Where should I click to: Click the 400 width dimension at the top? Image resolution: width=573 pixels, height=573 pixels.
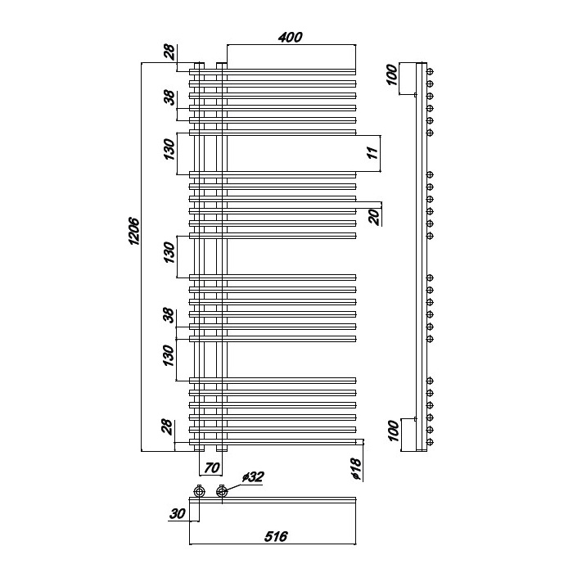point(291,37)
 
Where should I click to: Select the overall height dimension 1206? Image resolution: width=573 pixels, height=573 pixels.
point(134,232)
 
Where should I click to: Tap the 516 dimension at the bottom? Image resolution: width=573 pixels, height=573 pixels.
point(276,536)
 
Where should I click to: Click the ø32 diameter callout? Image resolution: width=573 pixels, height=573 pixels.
point(252,477)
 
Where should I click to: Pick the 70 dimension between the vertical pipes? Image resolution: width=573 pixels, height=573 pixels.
point(212,467)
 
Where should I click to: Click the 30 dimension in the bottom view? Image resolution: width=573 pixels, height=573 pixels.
point(178,514)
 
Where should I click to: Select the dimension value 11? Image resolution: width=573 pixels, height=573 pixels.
point(372,152)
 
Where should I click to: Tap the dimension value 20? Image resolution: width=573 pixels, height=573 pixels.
point(375,217)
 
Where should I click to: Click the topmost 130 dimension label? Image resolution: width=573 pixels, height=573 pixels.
point(169,149)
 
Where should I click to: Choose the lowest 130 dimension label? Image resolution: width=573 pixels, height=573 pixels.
point(169,355)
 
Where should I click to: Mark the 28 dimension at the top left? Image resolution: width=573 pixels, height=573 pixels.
point(169,52)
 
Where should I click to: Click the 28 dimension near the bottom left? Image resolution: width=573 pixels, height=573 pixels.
point(167,426)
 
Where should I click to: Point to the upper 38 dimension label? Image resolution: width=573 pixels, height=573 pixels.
point(169,97)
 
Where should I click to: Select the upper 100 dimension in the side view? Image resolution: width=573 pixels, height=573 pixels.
point(391,74)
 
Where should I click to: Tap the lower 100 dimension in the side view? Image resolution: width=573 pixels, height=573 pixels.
point(393,431)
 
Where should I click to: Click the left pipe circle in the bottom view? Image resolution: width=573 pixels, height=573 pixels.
point(199,491)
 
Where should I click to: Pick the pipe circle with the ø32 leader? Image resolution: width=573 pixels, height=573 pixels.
point(222,491)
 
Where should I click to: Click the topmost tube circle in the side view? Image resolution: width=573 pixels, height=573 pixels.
point(430,72)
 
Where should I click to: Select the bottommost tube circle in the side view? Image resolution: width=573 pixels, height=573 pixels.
point(430,442)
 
